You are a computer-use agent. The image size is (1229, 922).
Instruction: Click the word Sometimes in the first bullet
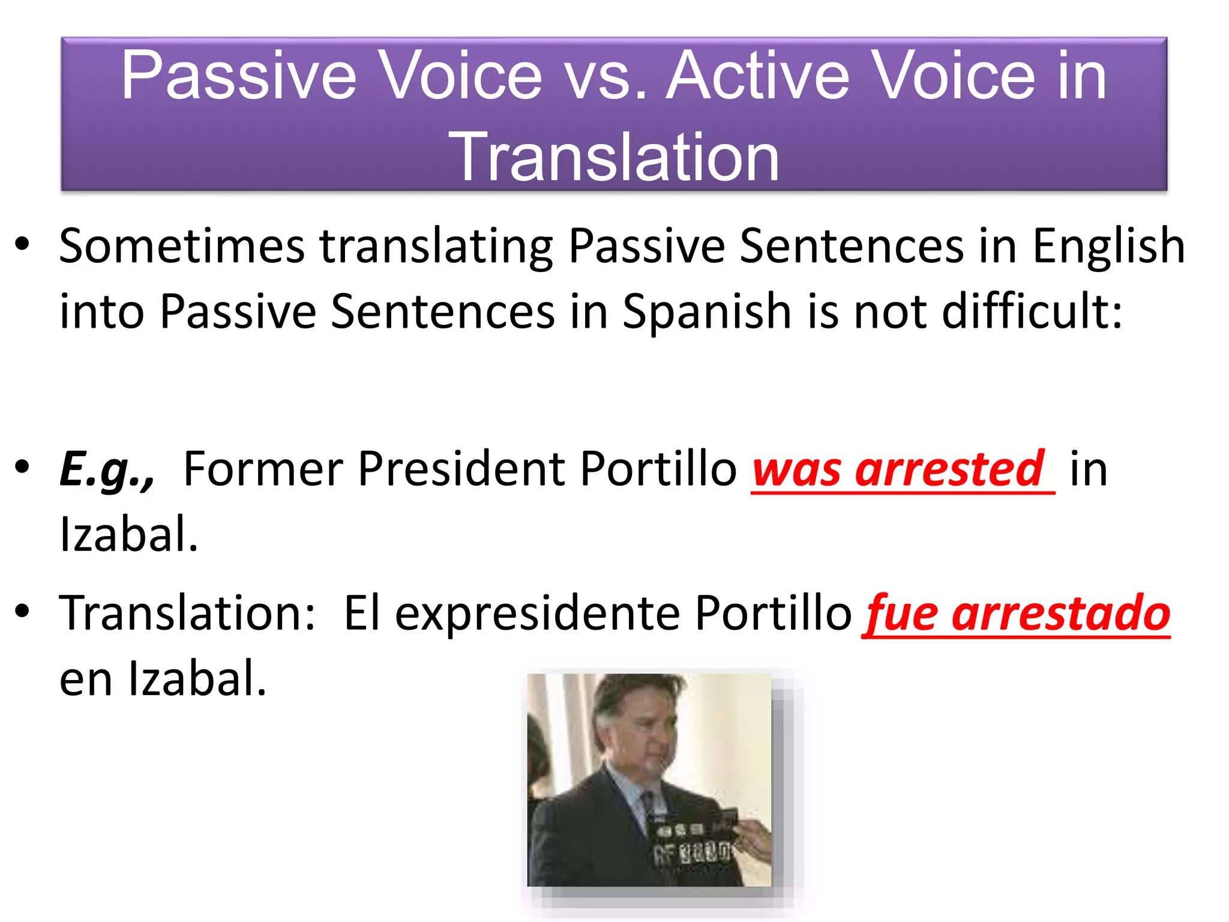point(182,246)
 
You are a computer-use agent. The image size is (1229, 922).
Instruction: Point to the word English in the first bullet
point(1108,246)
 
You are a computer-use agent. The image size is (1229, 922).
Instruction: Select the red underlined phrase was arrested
point(900,469)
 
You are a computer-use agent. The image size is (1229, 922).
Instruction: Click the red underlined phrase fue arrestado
point(1017,613)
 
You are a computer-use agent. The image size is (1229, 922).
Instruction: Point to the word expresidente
point(537,613)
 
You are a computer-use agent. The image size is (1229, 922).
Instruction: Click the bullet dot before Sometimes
point(22,244)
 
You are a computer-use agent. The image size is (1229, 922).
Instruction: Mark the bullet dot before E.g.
point(22,467)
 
